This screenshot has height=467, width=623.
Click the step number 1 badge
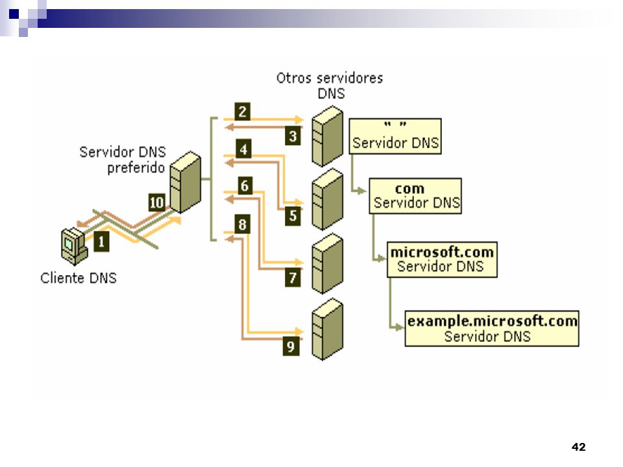(101, 241)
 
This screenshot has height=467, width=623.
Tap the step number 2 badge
(242, 112)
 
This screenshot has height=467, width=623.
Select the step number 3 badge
(293, 136)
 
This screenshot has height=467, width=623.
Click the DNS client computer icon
(74, 246)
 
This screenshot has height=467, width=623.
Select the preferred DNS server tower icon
(186, 182)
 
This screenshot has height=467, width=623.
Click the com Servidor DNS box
(415, 196)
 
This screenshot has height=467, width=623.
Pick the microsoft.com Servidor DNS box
(442, 259)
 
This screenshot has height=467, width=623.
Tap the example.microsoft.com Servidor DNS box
(492, 328)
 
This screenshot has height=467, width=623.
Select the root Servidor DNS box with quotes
(395, 136)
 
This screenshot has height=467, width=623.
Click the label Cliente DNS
(79, 278)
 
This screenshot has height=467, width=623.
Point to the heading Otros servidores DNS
(330, 86)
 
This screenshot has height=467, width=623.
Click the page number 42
(578, 447)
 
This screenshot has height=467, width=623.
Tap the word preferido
(136, 168)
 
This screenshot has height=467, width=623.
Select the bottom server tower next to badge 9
(327, 329)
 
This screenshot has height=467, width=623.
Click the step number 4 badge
(243, 149)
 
